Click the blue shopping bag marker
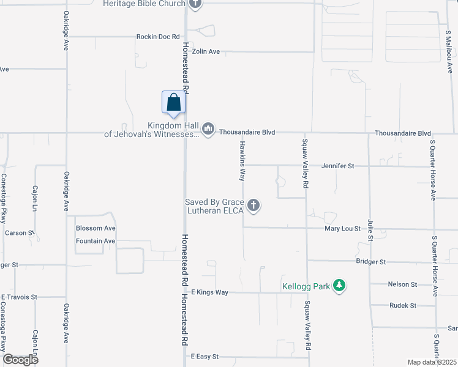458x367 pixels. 173,102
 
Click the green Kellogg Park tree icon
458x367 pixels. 339,285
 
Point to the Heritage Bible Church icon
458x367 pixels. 195,4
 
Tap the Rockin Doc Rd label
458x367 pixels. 158,37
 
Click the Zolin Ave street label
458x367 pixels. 206,52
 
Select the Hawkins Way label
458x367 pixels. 242,161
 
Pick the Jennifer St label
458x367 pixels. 338,166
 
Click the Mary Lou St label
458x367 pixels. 342,229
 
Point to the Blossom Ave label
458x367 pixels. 96,228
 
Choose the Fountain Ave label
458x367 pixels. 96,241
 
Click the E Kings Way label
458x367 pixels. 209,292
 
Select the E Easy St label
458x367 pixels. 205,356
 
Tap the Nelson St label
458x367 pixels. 402,284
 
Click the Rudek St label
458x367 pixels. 403,305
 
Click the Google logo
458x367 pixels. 20,360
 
